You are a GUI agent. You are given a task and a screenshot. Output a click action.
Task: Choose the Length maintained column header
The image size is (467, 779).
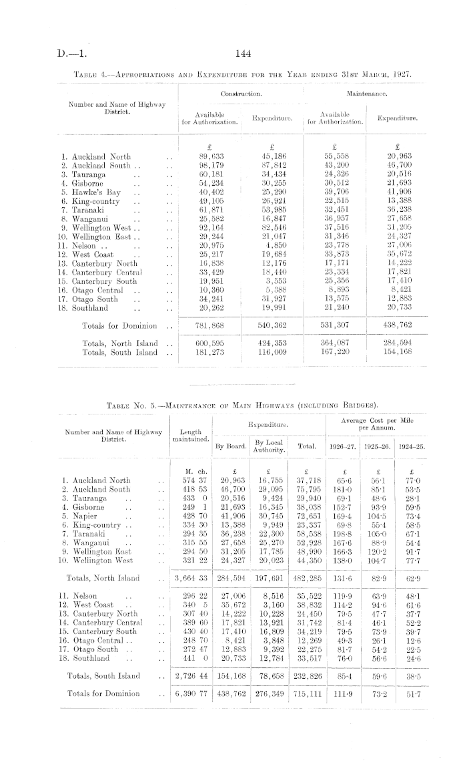coord(191,435)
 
